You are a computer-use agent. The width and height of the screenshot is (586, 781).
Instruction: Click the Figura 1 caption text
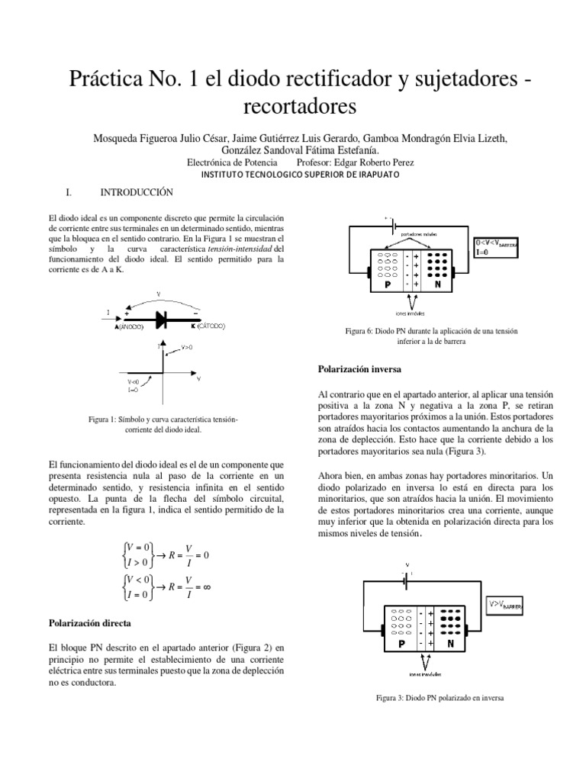[x=163, y=425]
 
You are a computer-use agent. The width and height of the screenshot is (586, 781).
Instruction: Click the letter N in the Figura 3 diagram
[x=451, y=643]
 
